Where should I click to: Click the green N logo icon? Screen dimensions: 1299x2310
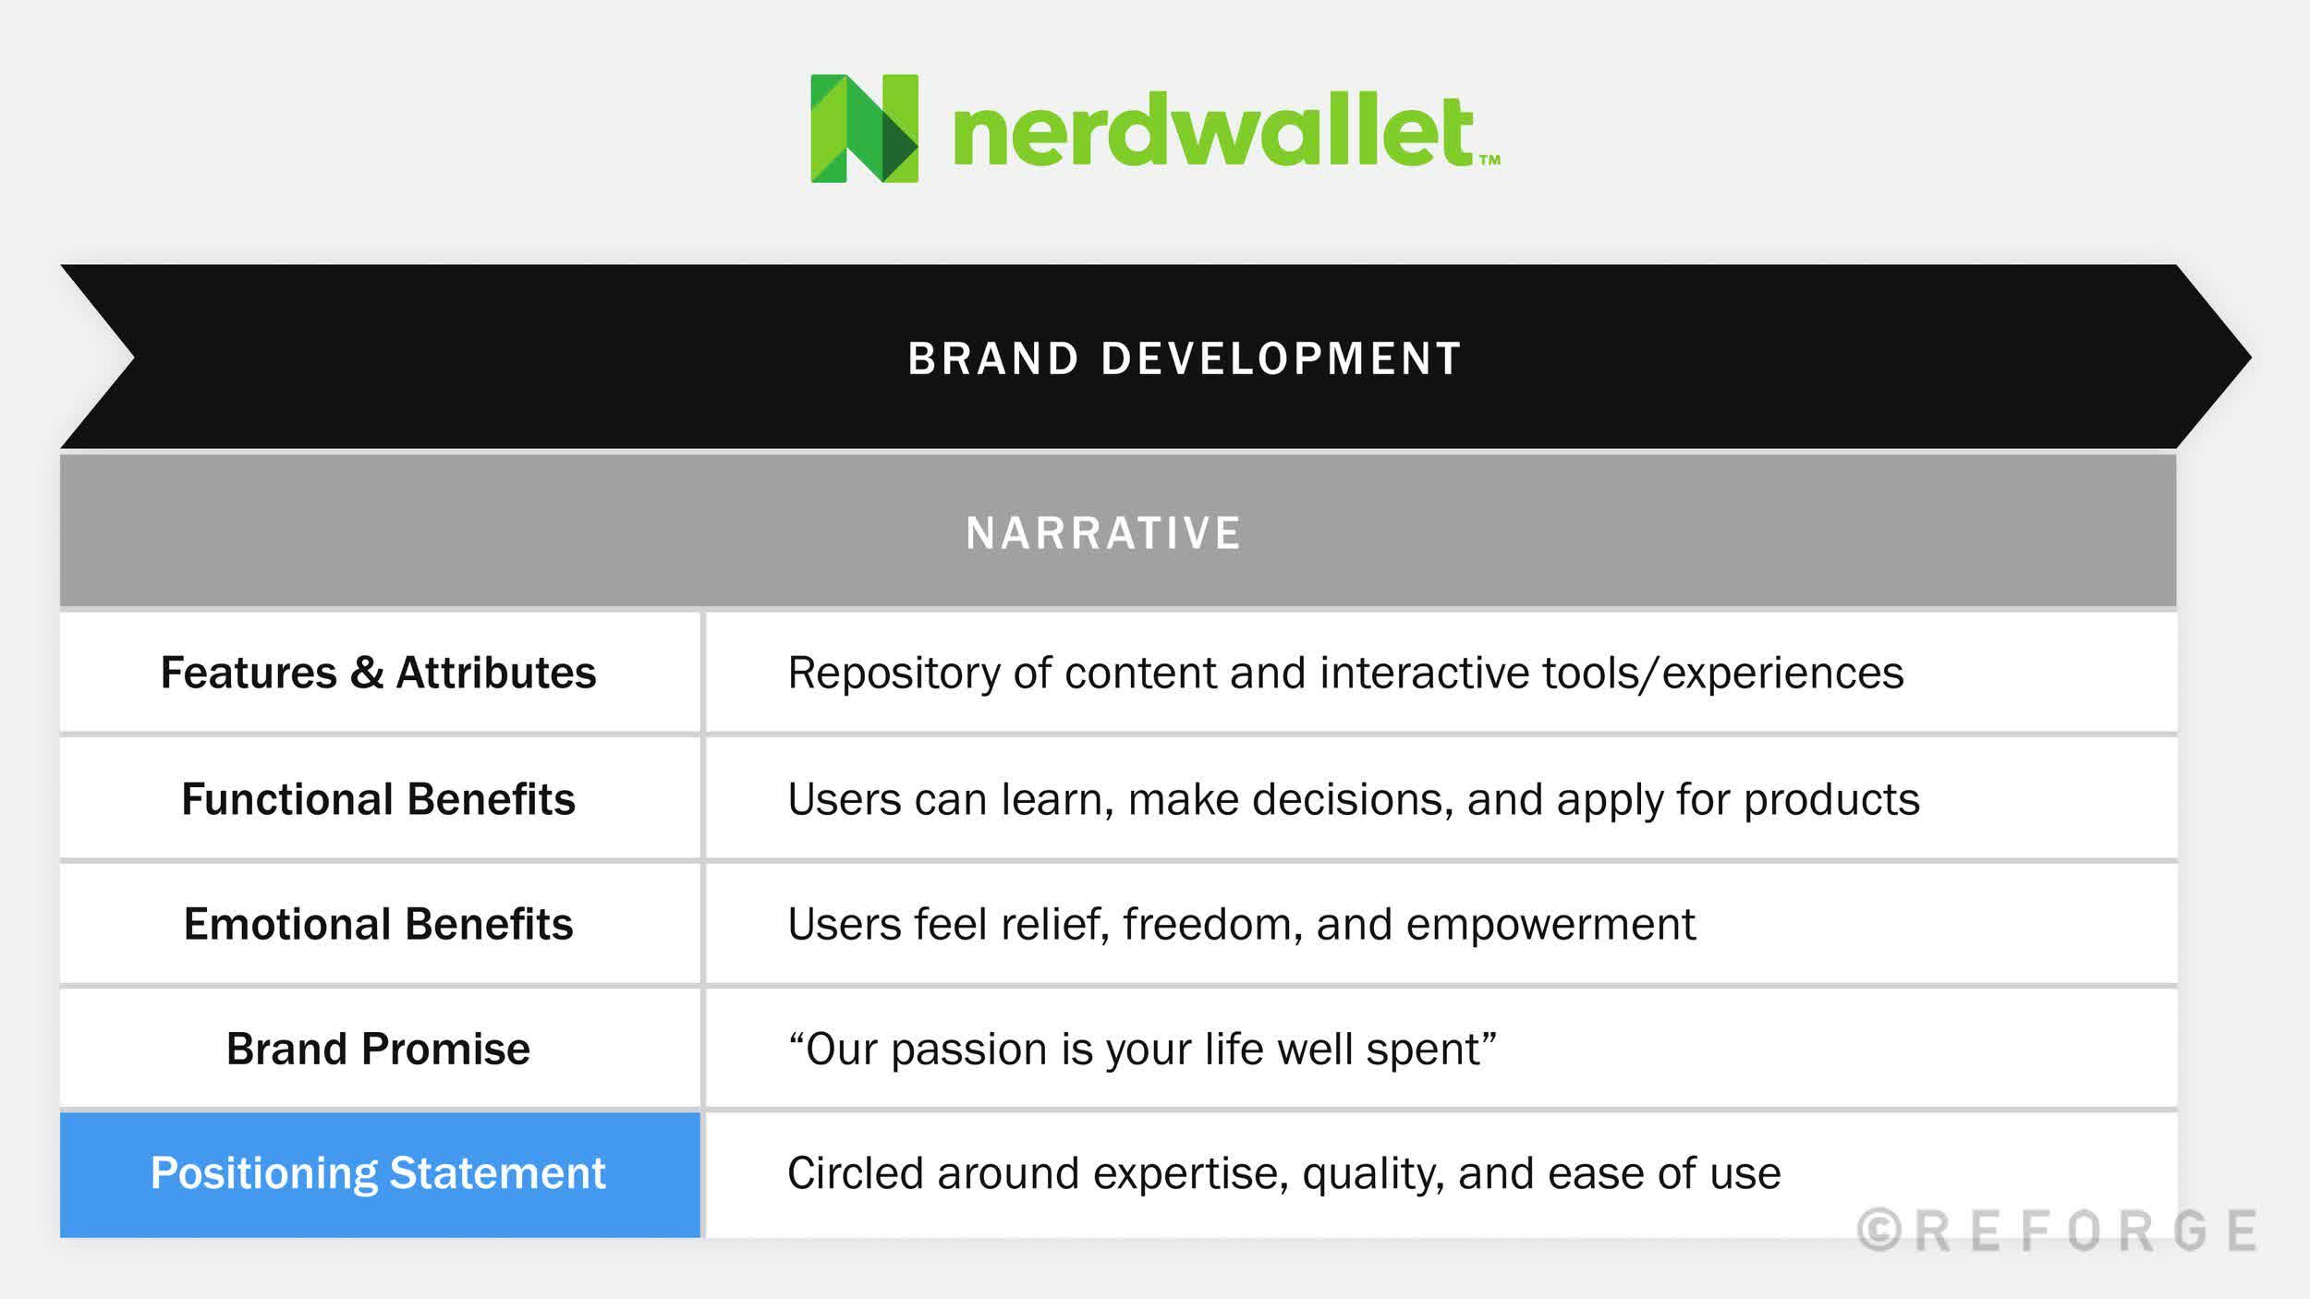tap(864, 128)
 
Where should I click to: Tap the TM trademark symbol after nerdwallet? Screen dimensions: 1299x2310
tap(1489, 160)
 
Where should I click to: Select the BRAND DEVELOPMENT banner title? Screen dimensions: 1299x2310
tap(1184, 358)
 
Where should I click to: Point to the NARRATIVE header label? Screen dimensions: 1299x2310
tap(1104, 533)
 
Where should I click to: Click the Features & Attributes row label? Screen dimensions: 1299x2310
tap(378, 673)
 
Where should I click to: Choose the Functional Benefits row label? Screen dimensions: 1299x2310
tap(378, 799)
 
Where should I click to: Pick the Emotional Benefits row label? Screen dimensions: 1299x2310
tap(378, 924)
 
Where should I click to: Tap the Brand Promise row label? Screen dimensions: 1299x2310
tap(378, 1049)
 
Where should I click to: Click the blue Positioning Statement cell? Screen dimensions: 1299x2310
tap(379, 1174)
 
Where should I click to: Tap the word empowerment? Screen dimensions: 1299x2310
tap(1550, 925)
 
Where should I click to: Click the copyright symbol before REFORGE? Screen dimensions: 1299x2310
tap(1879, 1231)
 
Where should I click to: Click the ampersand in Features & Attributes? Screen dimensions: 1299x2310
tap(367, 673)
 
